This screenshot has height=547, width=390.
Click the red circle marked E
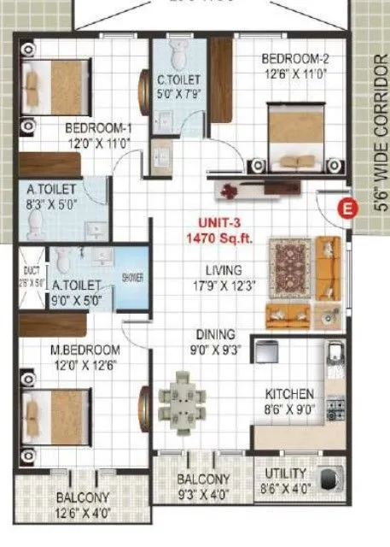pyautogui.click(x=346, y=207)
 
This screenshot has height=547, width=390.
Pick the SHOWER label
pyautogui.click(x=132, y=278)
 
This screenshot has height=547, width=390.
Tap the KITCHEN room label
pyautogui.click(x=288, y=394)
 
